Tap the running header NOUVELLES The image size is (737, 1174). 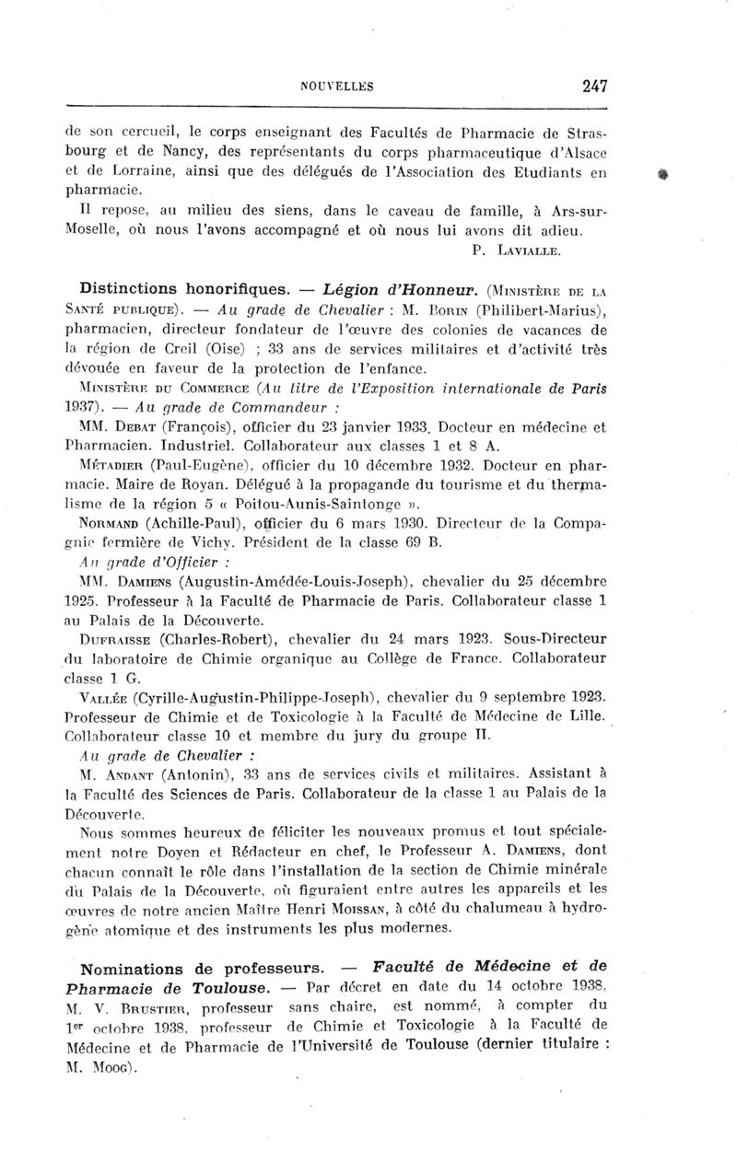click(336, 87)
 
